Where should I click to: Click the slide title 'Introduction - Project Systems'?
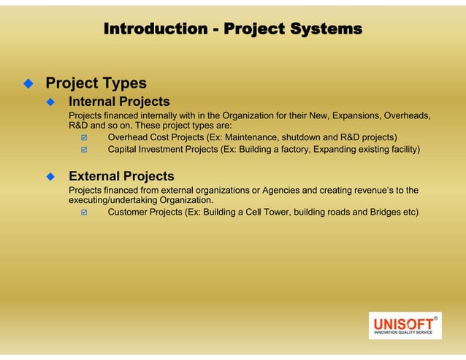232,29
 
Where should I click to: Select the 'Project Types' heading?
96,83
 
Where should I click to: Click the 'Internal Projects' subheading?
119,102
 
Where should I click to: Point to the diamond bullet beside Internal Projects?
51,102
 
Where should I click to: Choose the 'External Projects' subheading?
121,176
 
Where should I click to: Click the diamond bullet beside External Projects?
51,177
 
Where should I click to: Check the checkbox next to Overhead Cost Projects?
85,138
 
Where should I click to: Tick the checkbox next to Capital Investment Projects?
85,150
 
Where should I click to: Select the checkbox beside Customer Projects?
85,213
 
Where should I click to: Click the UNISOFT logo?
405,325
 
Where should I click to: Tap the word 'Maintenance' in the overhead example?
253,137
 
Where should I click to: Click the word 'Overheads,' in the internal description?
405,116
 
